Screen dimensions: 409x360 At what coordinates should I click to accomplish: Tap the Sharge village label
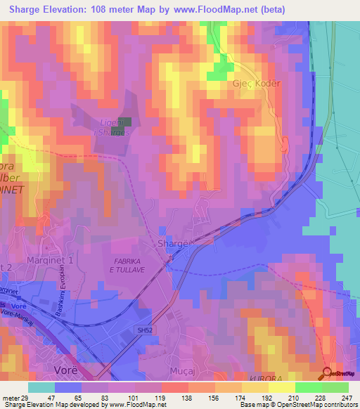tap(173, 243)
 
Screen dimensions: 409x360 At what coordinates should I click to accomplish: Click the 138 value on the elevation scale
tap(175, 397)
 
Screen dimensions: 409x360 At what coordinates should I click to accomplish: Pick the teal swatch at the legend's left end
tap(41, 387)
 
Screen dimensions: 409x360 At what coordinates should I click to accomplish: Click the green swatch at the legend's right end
tap(335, 387)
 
